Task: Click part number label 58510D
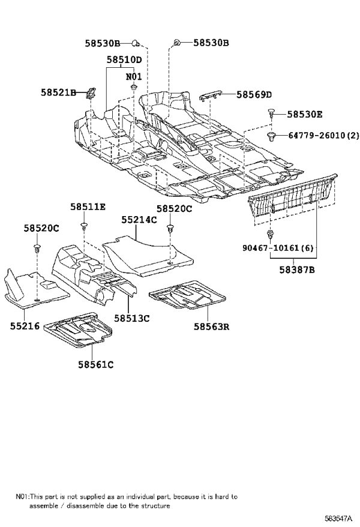click(124, 60)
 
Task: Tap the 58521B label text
click(58, 92)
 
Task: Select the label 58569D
click(254, 95)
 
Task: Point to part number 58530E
click(305, 115)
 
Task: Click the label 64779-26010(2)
click(324, 136)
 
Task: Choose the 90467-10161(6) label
click(278, 248)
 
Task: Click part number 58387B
click(297, 270)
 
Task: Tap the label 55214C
click(139, 220)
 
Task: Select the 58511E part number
click(88, 206)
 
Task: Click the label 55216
click(25, 326)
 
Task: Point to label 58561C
click(96, 364)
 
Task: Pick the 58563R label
click(212, 327)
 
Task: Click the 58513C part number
click(131, 318)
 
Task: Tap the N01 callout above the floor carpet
click(134, 77)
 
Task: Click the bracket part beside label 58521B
click(91, 94)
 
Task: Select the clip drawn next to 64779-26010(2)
click(271, 136)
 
